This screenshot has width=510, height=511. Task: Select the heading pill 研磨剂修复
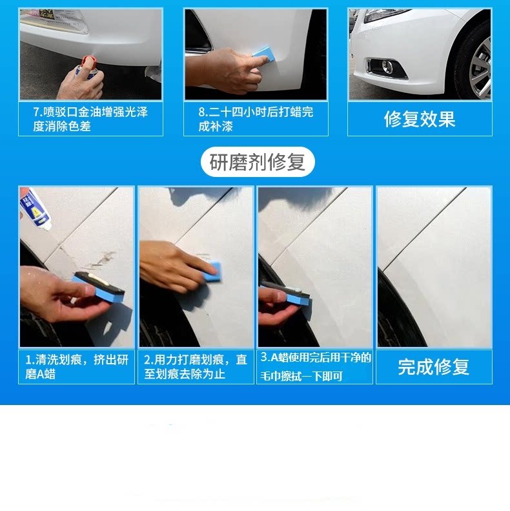(x=258, y=162)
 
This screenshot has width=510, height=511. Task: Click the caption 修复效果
(x=420, y=119)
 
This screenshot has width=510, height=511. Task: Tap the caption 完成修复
(x=433, y=367)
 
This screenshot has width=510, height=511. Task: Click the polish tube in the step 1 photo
(x=35, y=209)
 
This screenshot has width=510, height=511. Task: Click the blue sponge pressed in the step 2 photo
(x=212, y=271)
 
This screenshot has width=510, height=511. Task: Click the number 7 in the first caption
(x=37, y=112)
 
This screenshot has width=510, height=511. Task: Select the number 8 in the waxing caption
(x=202, y=112)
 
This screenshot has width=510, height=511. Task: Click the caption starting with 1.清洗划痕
(x=77, y=367)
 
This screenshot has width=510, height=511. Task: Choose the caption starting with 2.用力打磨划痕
(x=196, y=367)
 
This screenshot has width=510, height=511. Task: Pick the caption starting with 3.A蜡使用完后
(x=315, y=367)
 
